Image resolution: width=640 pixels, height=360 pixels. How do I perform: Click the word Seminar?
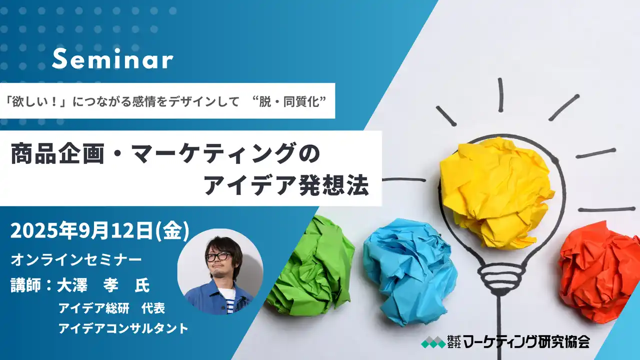point(112,60)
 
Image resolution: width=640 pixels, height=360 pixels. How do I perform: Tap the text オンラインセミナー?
point(76,260)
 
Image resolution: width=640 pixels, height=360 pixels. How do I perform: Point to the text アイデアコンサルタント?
point(123,328)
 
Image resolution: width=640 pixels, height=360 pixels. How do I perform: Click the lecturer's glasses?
point(218,256)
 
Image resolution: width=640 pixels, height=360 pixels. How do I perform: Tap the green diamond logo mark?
point(432,342)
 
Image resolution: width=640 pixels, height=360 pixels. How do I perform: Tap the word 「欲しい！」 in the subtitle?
point(37,100)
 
